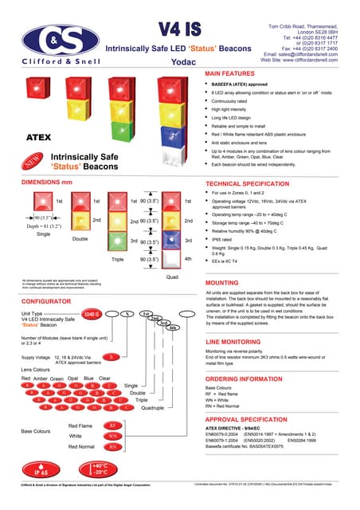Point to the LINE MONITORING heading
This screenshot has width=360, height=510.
click(x=234, y=341)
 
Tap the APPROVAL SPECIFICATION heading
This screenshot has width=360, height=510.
click(x=248, y=418)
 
